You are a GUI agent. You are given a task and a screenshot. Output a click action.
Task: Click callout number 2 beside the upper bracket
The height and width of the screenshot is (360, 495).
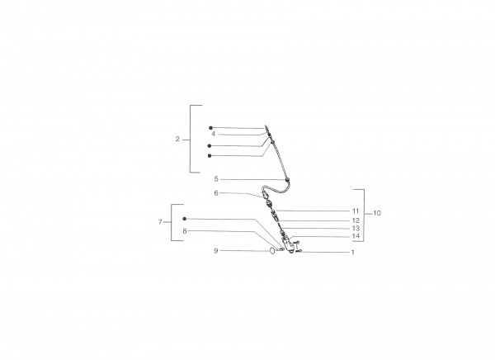[x=177, y=139]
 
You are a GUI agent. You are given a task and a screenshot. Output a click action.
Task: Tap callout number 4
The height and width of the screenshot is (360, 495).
[x=214, y=134]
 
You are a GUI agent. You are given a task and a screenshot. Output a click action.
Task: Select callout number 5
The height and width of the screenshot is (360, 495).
[x=216, y=179]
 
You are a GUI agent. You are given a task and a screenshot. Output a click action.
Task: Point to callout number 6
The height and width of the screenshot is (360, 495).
[x=216, y=193]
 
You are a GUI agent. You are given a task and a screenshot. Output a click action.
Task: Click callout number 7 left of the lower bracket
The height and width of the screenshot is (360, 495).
[x=160, y=222]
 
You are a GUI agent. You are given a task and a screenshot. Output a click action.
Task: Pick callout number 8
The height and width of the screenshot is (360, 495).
[x=185, y=231]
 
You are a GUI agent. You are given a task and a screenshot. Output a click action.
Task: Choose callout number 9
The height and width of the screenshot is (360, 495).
[x=216, y=251]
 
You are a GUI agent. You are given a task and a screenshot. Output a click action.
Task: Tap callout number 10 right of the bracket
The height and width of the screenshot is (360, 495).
[x=377, y=213]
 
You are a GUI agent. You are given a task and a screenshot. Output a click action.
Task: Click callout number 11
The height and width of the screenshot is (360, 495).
[x=356, y=211]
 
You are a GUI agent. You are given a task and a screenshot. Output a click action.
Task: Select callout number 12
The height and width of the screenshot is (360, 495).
[x=356, y=220]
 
